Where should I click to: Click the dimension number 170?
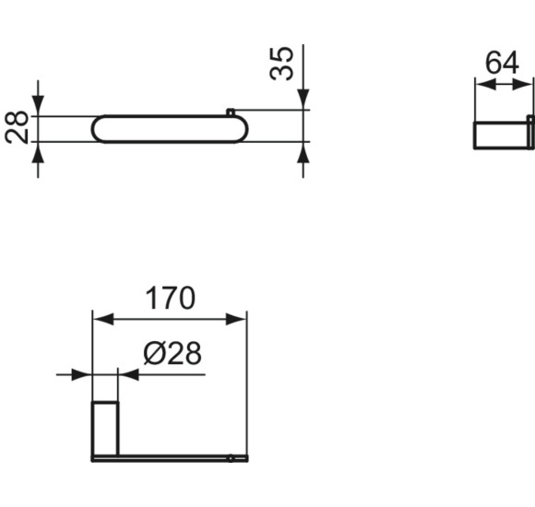(x=170, y=299)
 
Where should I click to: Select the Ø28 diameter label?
(x=172, y=353)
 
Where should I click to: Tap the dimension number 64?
(x=503, y=64)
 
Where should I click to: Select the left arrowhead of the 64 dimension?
(x=481, y=84)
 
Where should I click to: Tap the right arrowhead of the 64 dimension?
(x=527, y=84)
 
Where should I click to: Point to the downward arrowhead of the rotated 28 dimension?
(x=38, y=106)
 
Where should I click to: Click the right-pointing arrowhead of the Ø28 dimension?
(x=82, y=374)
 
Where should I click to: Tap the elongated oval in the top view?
(x=166, y=129)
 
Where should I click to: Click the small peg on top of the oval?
(x=230, y=112)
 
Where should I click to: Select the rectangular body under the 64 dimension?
(x=499, y=135)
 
